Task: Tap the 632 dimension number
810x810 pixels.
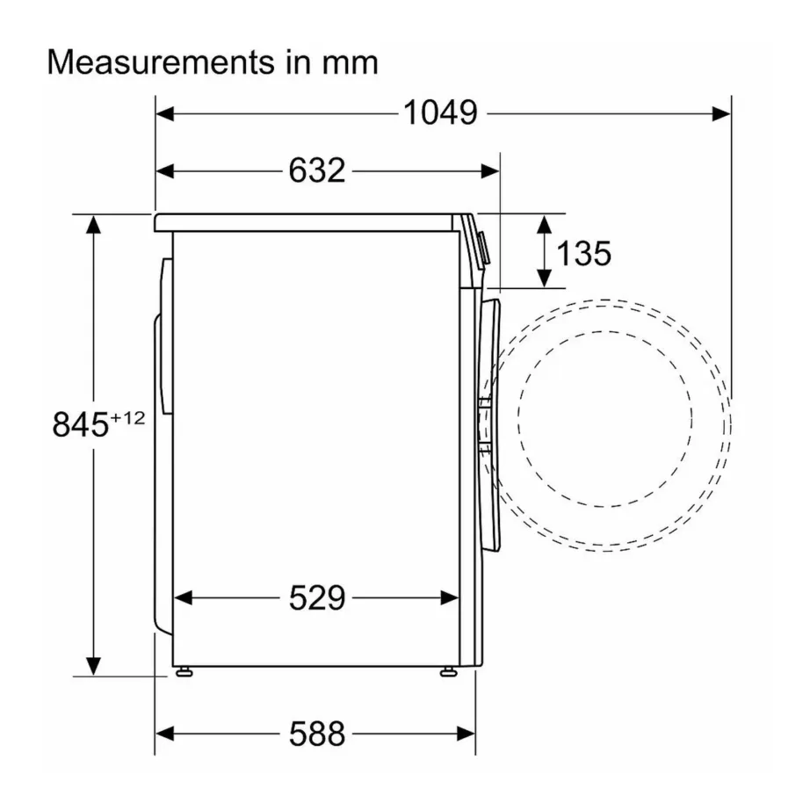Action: click(317, 170)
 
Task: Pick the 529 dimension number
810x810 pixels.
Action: click(317, 598)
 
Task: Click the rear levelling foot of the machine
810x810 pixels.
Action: click(183, 672)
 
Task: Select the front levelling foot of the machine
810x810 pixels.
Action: click(449, 672)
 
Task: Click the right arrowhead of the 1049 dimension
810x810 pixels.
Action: click(721, 112)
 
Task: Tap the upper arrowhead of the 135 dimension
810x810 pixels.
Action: click(545, 223)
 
